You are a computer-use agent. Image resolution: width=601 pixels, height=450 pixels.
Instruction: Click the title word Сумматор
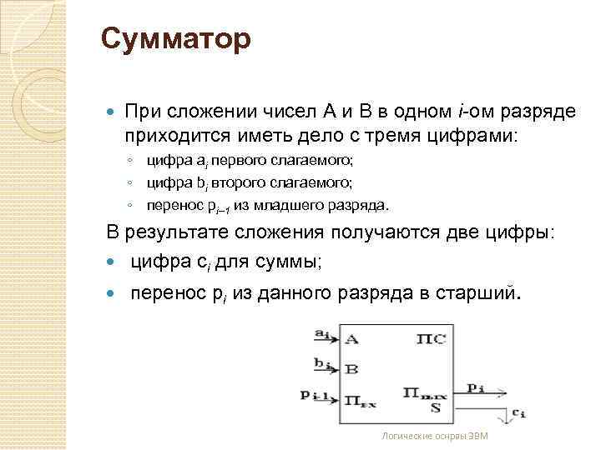[175, 38]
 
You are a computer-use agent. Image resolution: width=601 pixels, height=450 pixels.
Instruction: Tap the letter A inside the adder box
[351, 339]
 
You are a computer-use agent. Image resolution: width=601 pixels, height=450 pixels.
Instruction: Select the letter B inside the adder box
[351, 367]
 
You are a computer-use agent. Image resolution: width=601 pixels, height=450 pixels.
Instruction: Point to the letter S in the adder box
[435, 408]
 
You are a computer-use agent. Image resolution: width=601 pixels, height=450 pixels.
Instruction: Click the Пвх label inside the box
[359, 400]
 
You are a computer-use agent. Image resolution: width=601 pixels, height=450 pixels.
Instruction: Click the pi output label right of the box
[476, 387]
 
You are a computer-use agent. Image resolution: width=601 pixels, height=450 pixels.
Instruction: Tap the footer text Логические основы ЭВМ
[433, 436]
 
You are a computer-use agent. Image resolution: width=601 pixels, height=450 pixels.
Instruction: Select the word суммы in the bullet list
[290, 262]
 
